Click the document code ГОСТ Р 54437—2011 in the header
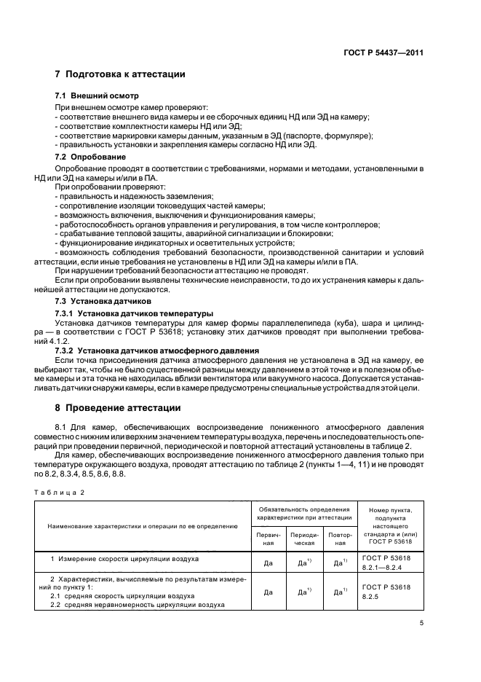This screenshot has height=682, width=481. [x=384, y=52]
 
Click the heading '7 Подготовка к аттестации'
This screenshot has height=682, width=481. [x=120, y=74]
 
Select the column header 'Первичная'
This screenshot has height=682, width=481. [x=267, y=539]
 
